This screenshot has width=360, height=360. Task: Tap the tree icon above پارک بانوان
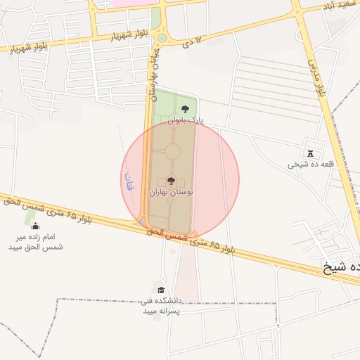pyautogui.click(x=184, y=109)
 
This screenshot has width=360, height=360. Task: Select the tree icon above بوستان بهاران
pyautogui.click(x=172, y=181)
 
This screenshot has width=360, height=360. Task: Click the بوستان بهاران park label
pyautogui.click(x=172, y=191)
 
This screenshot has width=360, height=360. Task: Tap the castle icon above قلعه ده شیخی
pyautogui.click(x=310, y=154)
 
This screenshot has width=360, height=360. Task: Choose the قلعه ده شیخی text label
pyautogui.click(x=309, y=165)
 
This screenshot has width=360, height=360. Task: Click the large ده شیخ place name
pyautogui.click(x=341, y=267)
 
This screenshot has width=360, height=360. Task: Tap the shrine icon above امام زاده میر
pyautogui.click(x=35, y=225)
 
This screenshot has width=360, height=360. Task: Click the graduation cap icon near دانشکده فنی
pyautogui.click(x=161, y=290)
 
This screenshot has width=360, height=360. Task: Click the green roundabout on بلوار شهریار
pyautogui.click(x=162, y=38)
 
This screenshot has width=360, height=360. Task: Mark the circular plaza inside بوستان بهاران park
pyautogui.click(x=173, y=151)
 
